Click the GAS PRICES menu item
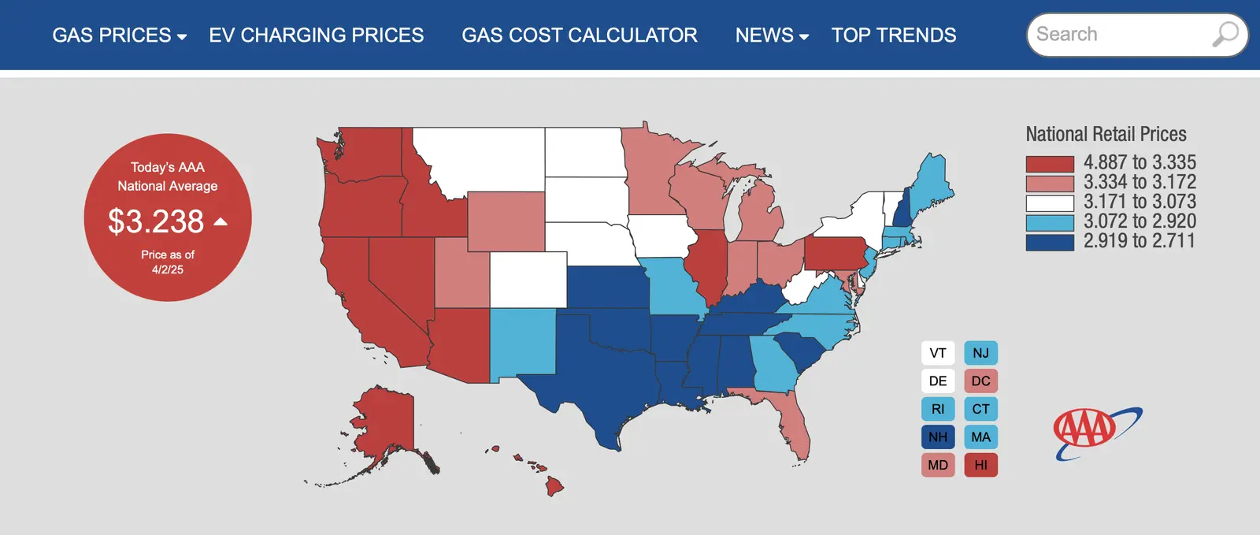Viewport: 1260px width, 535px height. (x=119, y=35)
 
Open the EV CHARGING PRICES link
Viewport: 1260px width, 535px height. (x=316, y=35)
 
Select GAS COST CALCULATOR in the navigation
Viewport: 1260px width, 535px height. (x=579, y=35)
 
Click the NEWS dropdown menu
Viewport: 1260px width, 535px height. (x=772, y=35)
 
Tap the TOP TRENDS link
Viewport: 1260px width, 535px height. (x=894, y=35)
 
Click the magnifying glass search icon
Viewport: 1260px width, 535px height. (x=1225, y=34)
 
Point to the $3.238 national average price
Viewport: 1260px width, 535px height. (x=156, y=221)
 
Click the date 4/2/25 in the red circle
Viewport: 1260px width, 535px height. (x=168, y=269)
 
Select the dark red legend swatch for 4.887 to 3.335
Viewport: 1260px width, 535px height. (x=1050, y=164)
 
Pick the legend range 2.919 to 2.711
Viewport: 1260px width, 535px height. (x=1139, y=241)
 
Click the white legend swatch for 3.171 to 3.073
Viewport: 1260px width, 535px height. (x=1050, y=203)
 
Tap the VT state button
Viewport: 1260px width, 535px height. (x=938, y=353)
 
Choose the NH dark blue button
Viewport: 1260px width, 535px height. (x=938, y=437)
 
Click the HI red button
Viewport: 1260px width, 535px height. (x=980, y=465)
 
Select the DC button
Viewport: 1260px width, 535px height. (x=980, y=381)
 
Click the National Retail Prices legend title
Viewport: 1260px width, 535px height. (x=1106, y=134)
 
